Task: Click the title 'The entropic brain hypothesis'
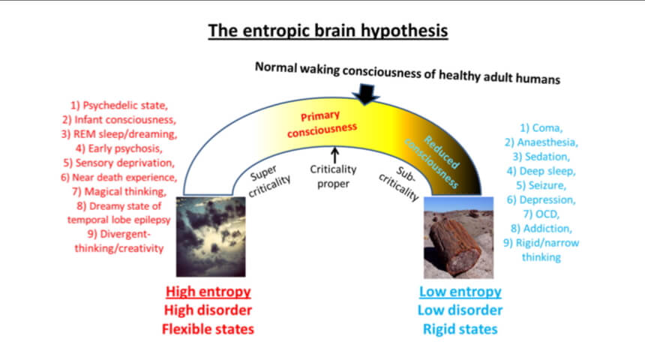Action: (328, 31)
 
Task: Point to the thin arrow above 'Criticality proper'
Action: (334, 155)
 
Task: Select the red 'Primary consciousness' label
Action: (322, 124)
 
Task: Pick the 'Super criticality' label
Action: (268, 180)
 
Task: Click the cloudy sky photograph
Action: (211, 236)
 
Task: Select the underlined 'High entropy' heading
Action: (208, 292)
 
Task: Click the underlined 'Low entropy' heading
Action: (460, 292)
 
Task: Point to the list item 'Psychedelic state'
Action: (119, 105)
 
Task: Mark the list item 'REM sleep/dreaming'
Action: (119, 134)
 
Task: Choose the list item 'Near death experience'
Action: (119, 177)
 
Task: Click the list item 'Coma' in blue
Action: (541, 128)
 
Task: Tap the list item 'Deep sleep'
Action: (541, 171)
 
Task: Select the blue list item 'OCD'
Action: (541, 214)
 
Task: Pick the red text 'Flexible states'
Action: (208, 329)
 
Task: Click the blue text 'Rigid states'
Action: (460, 329)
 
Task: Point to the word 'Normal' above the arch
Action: (276, 67)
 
